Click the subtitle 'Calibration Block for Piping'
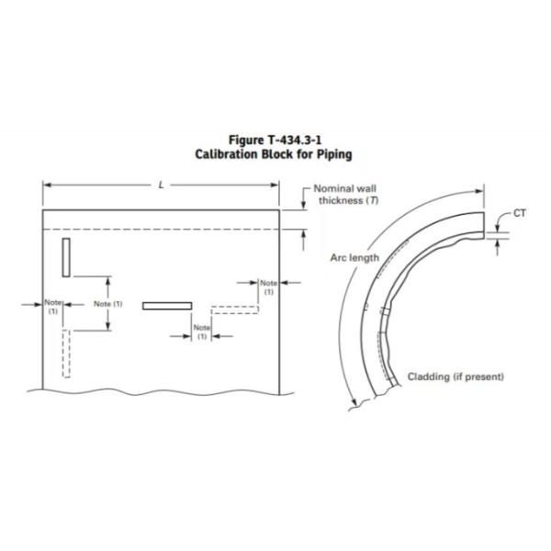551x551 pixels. point(274,154)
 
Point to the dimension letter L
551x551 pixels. point(162,185)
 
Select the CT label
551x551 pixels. point(520,213)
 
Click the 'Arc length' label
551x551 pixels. point(354,258)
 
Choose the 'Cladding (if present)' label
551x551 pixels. point(455,377)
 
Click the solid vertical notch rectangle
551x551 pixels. point(67,255)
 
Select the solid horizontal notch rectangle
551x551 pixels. point(167,305)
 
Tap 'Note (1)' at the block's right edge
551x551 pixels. point(268,287)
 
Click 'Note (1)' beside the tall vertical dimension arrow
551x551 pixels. point(109,304)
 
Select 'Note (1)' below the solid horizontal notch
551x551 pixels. point(201,332)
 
